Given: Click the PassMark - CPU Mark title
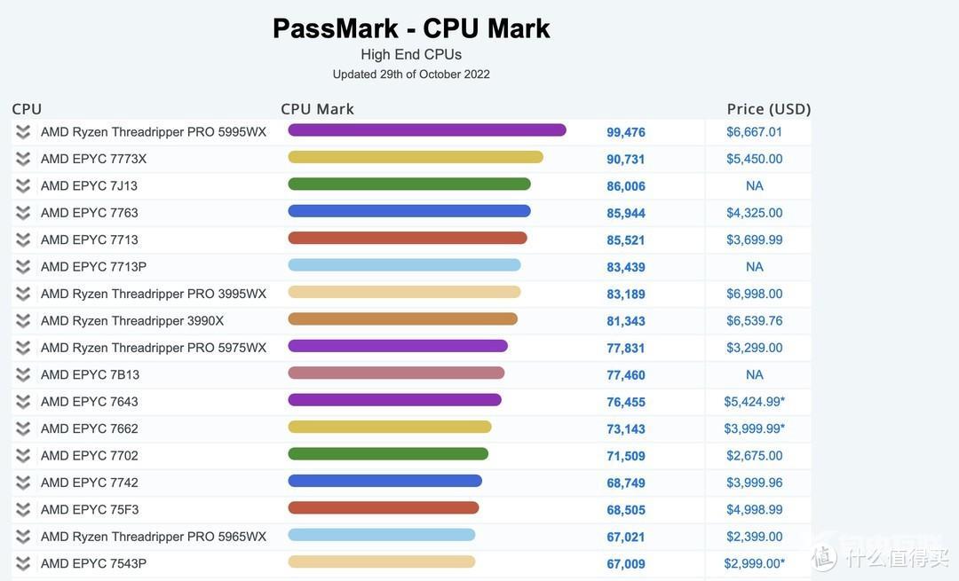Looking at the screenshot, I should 411,28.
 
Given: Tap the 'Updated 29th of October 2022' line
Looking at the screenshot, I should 411,75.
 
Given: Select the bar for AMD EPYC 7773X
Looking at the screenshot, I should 416,157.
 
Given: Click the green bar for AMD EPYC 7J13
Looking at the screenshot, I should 409,185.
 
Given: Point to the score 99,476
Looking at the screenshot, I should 626,132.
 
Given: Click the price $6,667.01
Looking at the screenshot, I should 755,132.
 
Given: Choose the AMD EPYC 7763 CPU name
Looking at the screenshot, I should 90,213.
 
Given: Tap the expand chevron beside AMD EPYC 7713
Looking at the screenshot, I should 23,239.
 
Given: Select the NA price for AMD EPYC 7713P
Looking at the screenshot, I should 755,267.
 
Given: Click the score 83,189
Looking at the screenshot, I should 626,294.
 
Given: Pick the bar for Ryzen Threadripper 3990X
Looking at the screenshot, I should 402,319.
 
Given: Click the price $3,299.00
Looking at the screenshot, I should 755,348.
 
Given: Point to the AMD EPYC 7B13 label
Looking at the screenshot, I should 90,375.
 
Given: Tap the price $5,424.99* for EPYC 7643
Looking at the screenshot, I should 755,402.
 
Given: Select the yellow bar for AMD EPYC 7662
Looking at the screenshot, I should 390,427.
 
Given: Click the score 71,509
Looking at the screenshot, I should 626,456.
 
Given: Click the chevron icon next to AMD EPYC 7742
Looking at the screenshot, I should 23,483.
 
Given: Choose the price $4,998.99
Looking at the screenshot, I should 755,510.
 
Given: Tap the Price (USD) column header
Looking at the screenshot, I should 769,109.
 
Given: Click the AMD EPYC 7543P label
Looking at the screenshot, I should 93,564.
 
